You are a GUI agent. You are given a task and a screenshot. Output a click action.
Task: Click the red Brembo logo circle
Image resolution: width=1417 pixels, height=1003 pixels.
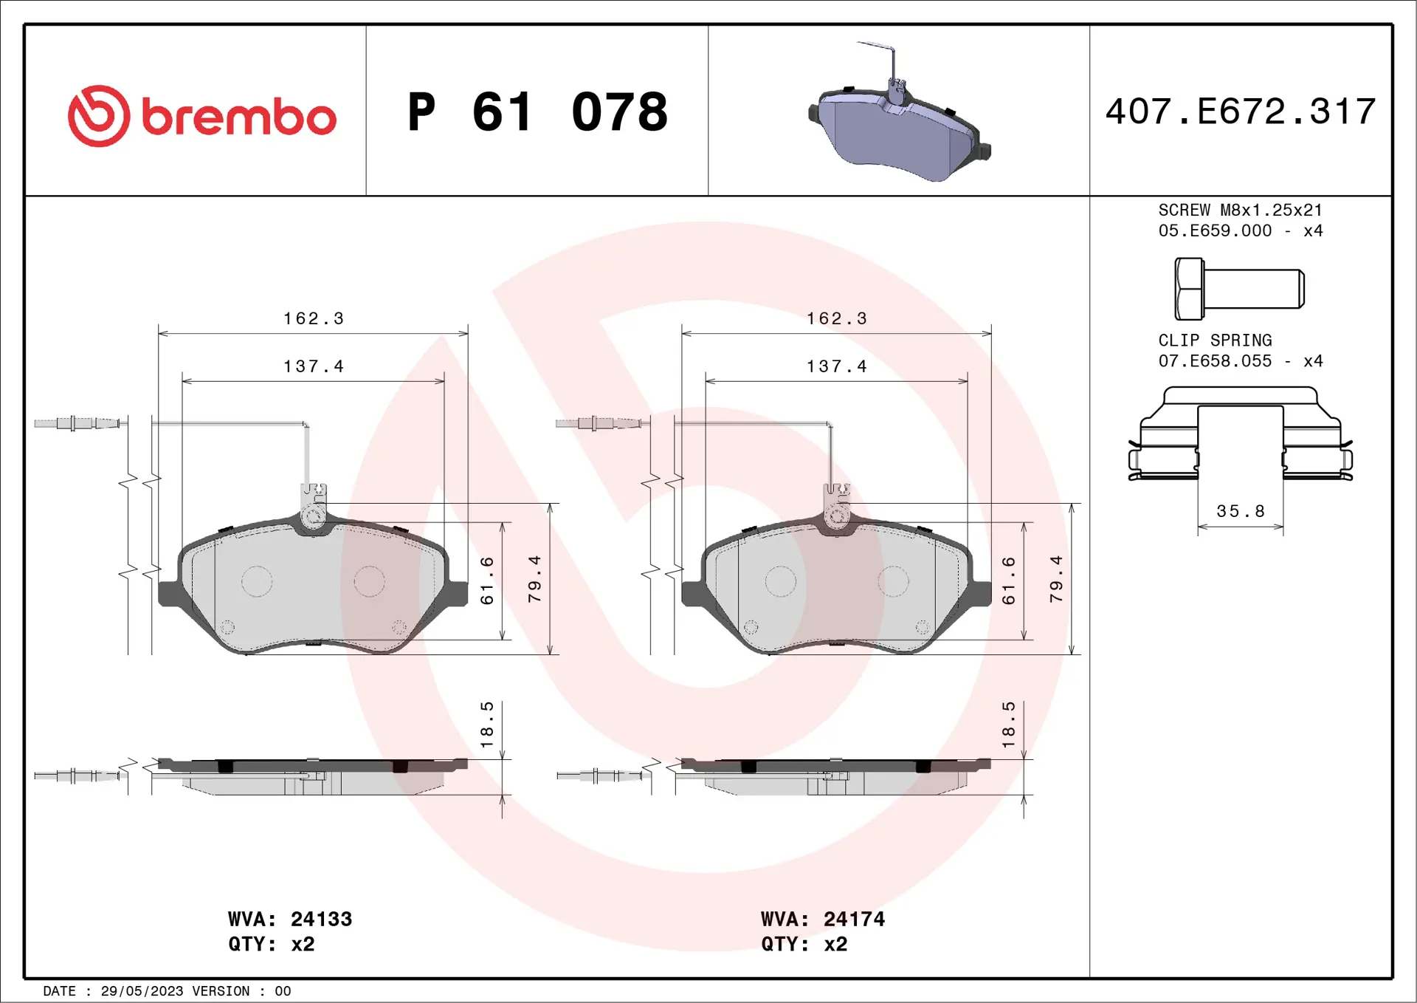(99, 116)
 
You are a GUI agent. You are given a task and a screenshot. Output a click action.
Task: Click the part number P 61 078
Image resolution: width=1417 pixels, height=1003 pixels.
(537, 112)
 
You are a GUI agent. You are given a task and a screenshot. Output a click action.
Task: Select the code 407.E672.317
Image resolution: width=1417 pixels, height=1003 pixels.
(1240, 112)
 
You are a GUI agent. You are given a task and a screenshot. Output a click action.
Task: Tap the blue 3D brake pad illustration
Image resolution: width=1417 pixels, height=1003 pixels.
(900, 133)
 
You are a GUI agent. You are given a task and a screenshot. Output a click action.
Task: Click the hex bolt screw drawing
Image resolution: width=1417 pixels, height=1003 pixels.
(1238, 289)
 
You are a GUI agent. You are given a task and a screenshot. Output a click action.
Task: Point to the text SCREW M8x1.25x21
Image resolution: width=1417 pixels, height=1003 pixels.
(1240, 210)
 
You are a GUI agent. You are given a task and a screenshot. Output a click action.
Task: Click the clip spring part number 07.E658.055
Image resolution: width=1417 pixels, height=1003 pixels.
(1215, 361)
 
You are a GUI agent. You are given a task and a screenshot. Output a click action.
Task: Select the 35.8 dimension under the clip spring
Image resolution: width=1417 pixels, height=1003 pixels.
(1240, 511)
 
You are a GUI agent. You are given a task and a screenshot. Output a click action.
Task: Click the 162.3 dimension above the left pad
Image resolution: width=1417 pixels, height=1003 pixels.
(314, 318)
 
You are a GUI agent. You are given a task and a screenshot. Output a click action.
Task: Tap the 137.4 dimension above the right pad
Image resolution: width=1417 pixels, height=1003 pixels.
(836, 366)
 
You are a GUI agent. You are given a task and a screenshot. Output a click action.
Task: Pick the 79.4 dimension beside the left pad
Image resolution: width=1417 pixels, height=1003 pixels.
(534, 579)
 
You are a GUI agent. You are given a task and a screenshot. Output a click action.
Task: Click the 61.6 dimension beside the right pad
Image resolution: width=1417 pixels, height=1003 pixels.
(1008, 581)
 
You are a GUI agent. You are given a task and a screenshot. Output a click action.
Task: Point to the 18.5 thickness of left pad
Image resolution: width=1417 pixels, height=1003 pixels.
(486, 724)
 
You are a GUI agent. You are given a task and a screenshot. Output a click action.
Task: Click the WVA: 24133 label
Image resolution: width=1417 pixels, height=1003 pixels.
(289, 919)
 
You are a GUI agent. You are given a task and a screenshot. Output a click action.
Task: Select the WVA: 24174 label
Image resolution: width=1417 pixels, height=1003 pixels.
(822, 919)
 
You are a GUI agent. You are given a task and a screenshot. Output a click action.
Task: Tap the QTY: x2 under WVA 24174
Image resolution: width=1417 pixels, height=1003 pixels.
(804, 944)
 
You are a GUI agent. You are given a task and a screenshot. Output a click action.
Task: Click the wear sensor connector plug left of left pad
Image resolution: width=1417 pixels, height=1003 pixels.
(77, 423)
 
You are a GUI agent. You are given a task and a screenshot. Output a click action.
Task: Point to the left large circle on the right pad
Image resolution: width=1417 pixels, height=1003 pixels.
(780, 581)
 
